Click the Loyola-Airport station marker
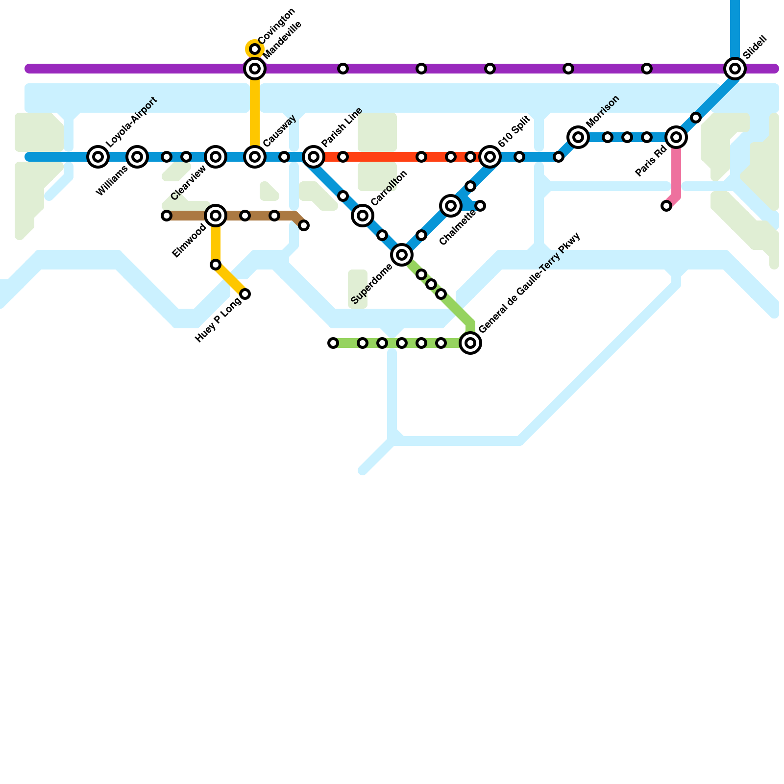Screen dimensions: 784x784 tap(98, 157)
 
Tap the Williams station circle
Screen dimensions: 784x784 tap(137, 157)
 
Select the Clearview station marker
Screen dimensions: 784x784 tap(216, 157)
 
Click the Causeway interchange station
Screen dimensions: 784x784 tap(255, 157)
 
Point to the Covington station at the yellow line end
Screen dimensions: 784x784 tap(255, 49)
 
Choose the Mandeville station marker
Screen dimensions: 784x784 tap(255, 69)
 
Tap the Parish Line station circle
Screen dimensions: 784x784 tap(314, 157)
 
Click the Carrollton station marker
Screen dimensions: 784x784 tap(363, 216)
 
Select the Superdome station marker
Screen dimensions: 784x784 tap(402, 255)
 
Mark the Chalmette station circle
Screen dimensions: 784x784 tap(451, 206)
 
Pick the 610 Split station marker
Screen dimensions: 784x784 tap(490, 157)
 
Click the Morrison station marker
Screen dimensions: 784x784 tap(578, 137)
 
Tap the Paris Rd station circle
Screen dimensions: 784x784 tap(676, 137)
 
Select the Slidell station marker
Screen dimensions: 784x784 tap(735, 69)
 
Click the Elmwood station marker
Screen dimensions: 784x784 tap(216, 216)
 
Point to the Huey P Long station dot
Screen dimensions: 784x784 tap(245, 294)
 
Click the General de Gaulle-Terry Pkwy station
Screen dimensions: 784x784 tap(470, 343)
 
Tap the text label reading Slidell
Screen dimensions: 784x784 tap(755, 47)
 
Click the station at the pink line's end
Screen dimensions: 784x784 tap(666, 206)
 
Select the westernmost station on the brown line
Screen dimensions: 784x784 tap(167, 216)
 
